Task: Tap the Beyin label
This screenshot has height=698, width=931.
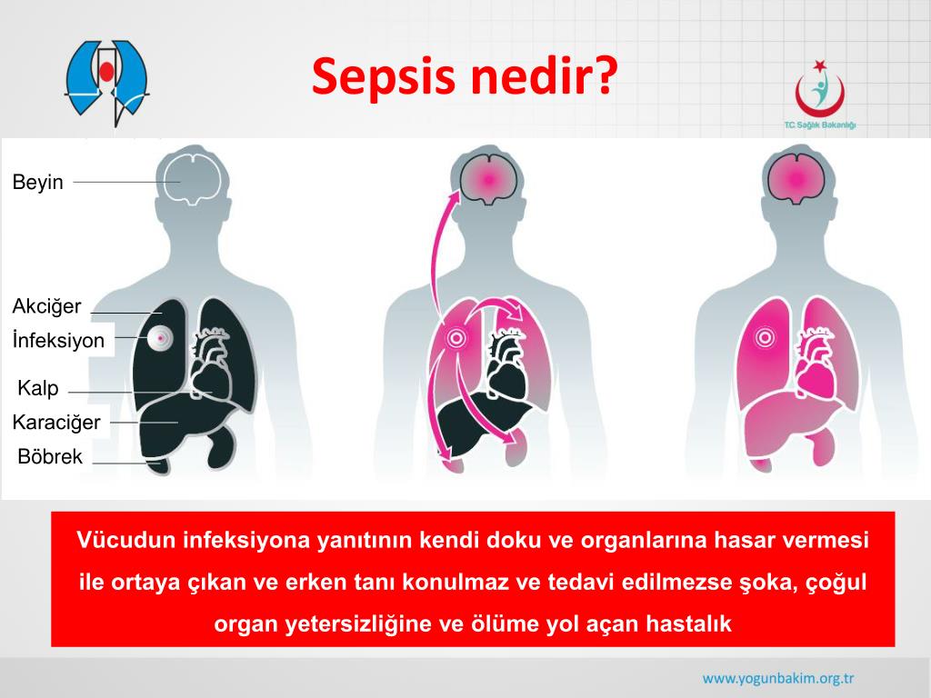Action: [37, 182]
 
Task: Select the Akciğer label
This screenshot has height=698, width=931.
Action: [46, 306]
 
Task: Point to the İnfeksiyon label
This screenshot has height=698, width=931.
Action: [58, 340]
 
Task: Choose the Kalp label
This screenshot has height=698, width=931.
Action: [38, 388]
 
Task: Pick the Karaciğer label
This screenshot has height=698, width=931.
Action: [56, 423]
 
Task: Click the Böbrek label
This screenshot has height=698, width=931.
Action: [50, 456]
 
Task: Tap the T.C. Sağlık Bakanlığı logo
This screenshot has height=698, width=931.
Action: [820, 95]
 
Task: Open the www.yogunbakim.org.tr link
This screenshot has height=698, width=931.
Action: [778, 678]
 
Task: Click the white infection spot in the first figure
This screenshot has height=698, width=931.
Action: [160, 338]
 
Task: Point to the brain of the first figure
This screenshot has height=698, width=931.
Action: [193, 177]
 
